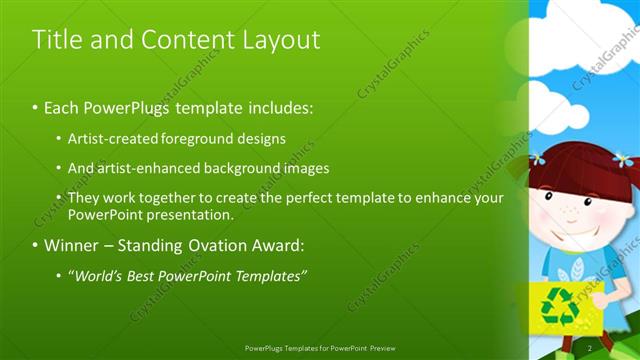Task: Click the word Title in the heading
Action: (56, 40)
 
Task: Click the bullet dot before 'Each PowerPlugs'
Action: (36, 106)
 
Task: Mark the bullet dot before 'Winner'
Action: (36, 245)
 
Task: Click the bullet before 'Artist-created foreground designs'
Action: (59, 138)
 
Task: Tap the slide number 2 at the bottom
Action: (590, 347)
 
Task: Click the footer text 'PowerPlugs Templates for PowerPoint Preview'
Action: (319, 347)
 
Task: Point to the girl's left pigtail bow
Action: (537, 157)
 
